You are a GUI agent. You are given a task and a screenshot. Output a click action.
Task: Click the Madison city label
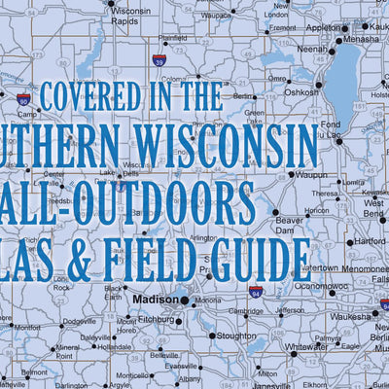[x=156, y=300]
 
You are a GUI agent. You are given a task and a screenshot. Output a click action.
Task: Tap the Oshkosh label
[x=301, y=92]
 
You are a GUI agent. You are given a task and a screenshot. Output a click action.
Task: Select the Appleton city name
[x=324, y=28]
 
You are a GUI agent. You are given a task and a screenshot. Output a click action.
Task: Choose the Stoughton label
[x=236, y=336]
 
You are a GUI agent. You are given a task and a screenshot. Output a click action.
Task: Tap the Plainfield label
[x=172, y=38]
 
